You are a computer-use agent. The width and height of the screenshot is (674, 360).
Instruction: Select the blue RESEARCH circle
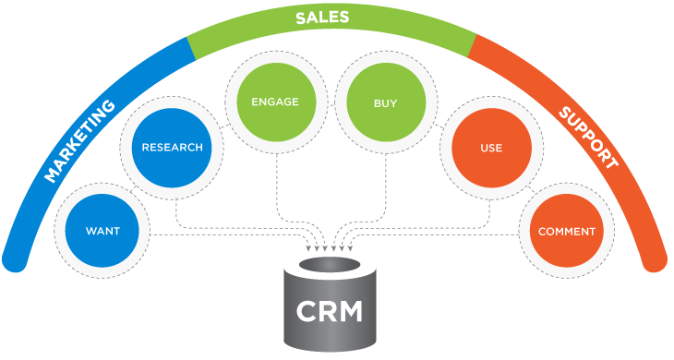coord(171,147)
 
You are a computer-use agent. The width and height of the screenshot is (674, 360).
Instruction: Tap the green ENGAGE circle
coord(274,102)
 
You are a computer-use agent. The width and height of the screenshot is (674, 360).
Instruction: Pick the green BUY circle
coord(384,103)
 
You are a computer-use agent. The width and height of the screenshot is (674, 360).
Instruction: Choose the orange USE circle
coord(490,148)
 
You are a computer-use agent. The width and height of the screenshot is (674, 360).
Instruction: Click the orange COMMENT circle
coord(566,231)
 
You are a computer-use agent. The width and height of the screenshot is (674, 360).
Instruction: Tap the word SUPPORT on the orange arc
coord(587,138)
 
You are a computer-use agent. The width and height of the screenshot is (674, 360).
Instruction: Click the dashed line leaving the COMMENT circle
coord(443,235)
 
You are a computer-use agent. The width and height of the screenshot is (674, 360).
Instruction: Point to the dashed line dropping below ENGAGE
coord(276,185)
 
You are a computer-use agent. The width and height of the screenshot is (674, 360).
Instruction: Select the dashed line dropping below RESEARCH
coord(176,208)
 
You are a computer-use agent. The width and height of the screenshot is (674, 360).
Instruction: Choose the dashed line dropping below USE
coord(489,208)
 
